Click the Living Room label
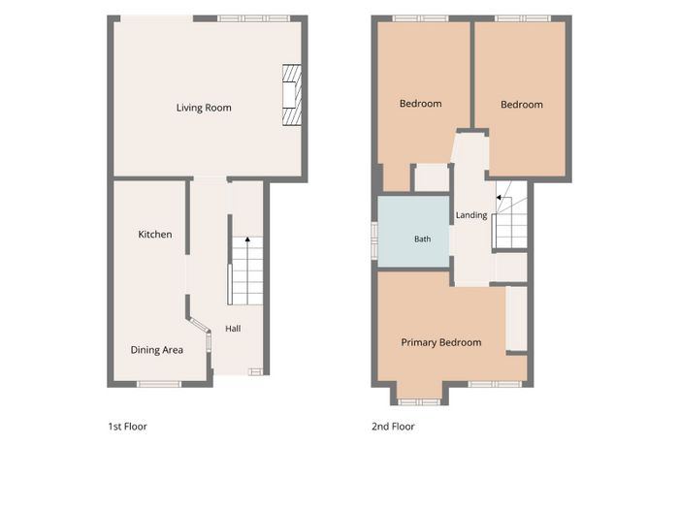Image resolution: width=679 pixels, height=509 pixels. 204,108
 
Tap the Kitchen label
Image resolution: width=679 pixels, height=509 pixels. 155,235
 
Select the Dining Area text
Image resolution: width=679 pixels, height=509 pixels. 157,350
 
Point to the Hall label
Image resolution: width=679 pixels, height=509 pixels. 233,329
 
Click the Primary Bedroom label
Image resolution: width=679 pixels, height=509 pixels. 440,343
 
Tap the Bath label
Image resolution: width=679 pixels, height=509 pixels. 422,239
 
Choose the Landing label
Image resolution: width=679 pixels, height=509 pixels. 471,215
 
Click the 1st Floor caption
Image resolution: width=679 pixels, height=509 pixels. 127,427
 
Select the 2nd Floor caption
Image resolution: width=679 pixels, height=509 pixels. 393,427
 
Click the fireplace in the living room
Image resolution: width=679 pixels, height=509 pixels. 292,95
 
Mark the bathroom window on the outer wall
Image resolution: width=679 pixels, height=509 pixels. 374,241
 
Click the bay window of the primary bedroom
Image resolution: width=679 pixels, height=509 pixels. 419,402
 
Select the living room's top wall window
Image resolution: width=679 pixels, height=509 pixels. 253,18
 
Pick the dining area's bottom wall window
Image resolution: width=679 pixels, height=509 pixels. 159,384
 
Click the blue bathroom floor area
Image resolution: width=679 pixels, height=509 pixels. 413,232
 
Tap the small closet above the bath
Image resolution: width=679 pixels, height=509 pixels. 432,177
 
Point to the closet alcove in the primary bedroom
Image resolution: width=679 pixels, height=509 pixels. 517,319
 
